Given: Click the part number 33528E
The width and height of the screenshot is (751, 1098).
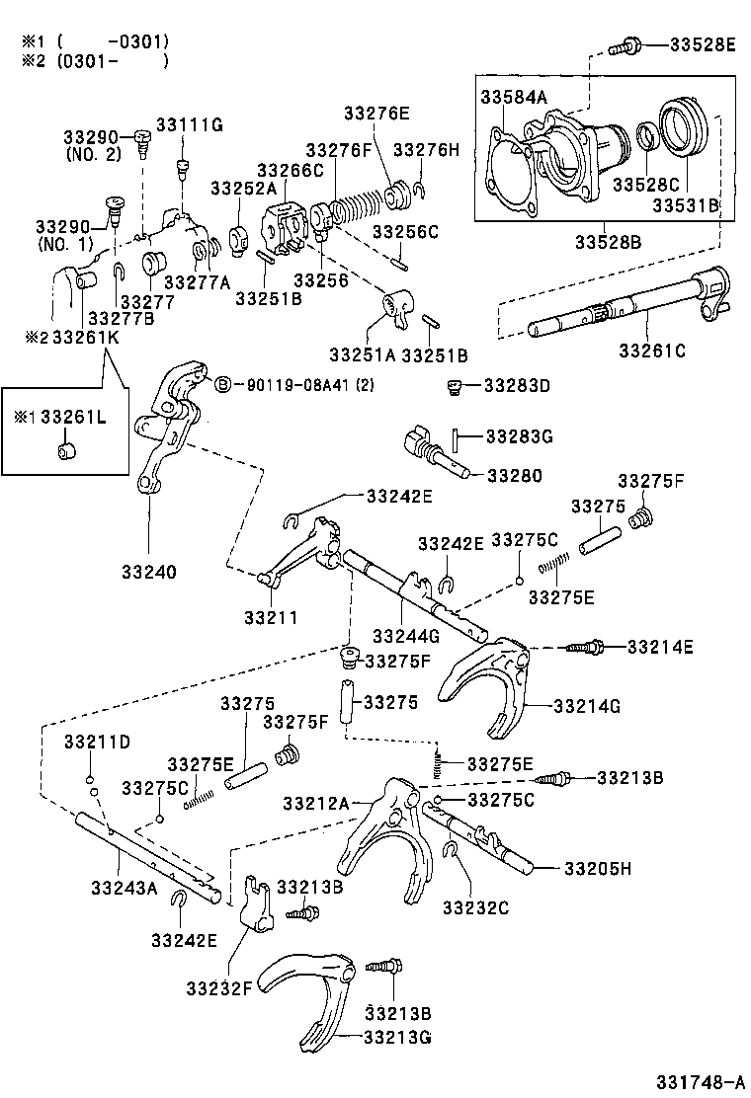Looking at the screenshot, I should coord(703,44).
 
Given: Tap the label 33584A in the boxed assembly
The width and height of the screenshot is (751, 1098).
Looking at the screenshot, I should coord(514,97).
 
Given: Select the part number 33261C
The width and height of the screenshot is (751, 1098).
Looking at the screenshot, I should coord(652,350).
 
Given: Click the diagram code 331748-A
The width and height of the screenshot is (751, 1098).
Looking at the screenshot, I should coord(696,1078).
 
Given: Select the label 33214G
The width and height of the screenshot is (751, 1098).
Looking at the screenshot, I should coord(586,706).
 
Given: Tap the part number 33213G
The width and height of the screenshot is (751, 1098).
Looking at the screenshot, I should coord(397,1036).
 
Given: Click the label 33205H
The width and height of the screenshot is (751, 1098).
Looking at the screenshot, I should coord(598,868).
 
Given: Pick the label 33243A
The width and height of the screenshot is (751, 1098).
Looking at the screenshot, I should coord(124,887).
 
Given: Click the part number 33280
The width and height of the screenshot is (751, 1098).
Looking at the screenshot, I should coord(513,475).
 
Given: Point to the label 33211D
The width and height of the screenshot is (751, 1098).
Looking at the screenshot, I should coord(98,742).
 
